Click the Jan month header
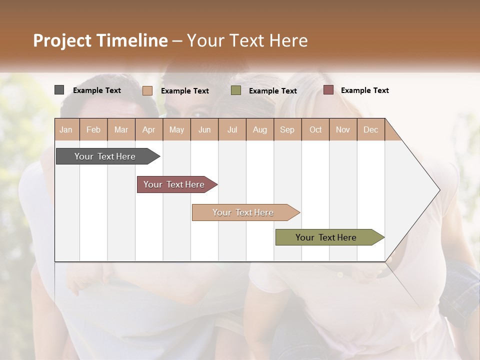tap(66, 129)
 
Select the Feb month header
tap(93, 129)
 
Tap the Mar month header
tap(121, 129)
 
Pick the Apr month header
tap(149, 129)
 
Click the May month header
tap(176, 129)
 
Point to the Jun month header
tap(204, 129)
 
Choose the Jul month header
tap(232, 129)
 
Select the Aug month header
tap(260, 129)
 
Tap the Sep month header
tap(287, 129)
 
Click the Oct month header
tap(315, 129)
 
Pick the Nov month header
tap(343, 129)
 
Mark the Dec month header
tap(371, 129)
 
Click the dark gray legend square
tap(59, 90)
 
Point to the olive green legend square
tap(236, 90)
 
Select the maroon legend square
tap(328, 90)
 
